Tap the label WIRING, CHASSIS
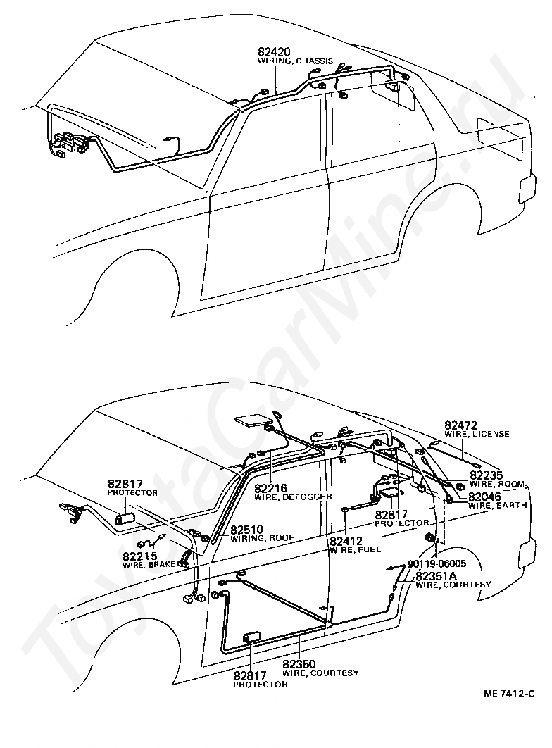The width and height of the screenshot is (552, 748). [296, 61]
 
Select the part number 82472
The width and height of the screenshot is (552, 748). [461, 425]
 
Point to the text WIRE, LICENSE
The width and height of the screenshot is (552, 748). [477, 434]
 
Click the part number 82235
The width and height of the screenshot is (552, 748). [487, 475]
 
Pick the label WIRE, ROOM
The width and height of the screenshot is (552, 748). [498, 485]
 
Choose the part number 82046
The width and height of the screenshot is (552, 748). [487, 496]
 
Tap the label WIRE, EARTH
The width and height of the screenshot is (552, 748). [498, 505]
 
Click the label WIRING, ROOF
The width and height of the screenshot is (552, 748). [262, 538]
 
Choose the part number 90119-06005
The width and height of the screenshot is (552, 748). [437, 563]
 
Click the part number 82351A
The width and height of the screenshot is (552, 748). [438, 575]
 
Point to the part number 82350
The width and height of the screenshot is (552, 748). [301, 663]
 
